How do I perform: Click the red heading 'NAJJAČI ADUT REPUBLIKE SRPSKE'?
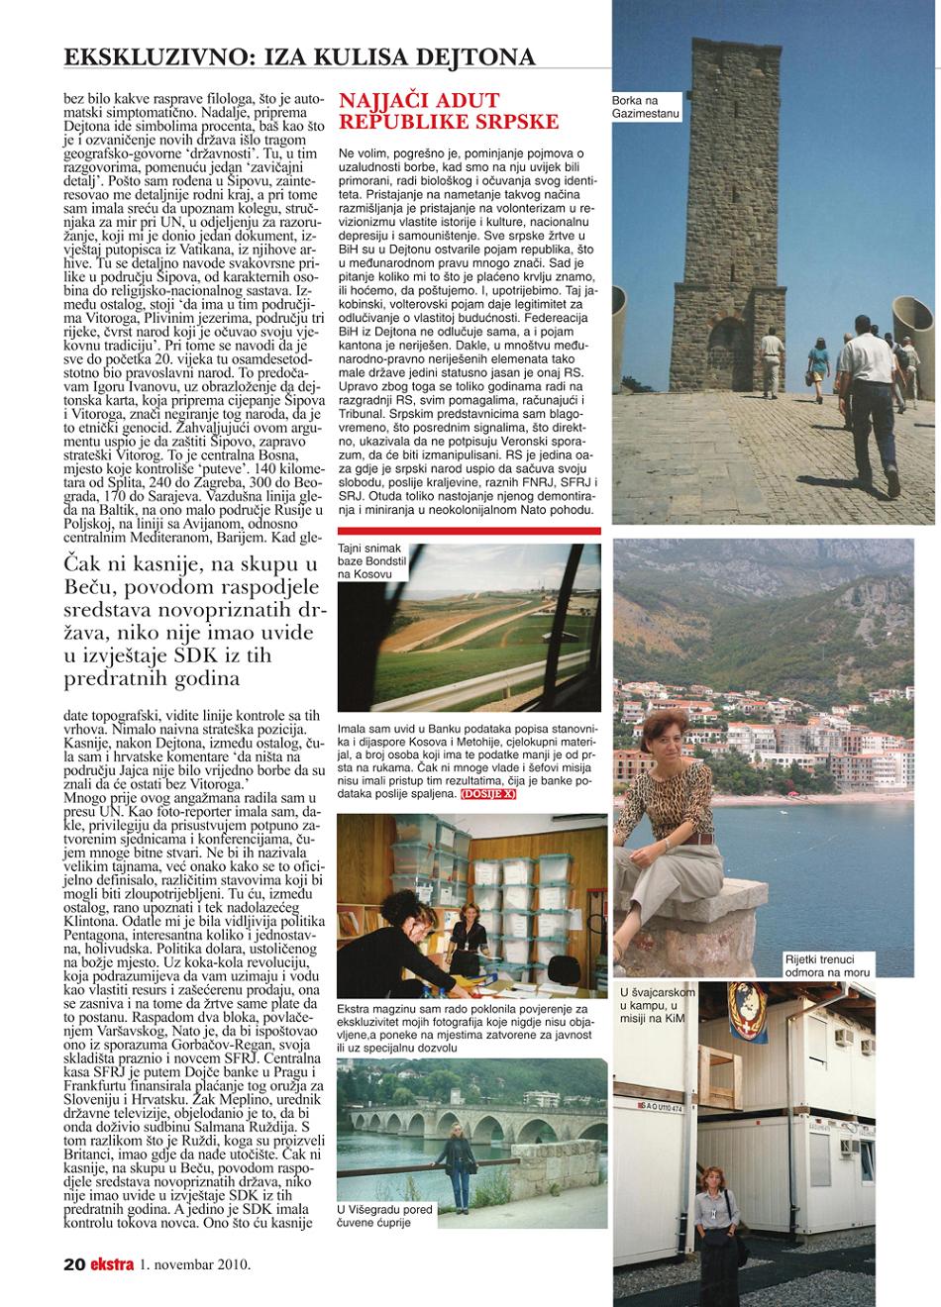coord(449,111)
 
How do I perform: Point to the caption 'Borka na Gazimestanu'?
coord(649,107)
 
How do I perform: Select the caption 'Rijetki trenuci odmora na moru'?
coord(817,966)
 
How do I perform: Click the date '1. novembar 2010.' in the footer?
coord(195,1263)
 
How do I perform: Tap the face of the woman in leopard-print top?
coord(661,733)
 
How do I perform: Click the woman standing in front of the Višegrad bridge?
coord(458,1168)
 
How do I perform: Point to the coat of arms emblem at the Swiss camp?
coord(750,1013)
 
